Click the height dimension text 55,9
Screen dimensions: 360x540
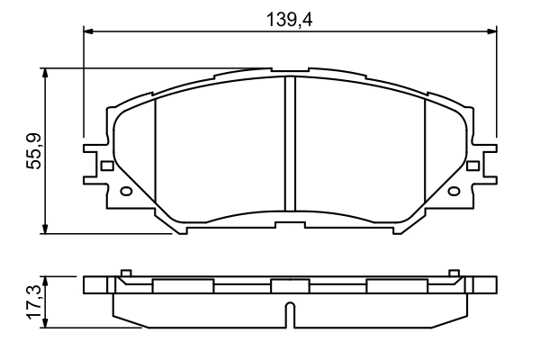tap(31, 150)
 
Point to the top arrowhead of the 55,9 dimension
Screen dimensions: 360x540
tap(44, 73)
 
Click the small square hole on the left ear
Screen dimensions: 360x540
tap(106, 166)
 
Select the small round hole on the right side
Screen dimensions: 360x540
tap(454, 190)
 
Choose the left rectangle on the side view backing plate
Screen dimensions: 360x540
tap(183, 286)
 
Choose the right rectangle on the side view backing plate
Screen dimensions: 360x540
tap(397, 286)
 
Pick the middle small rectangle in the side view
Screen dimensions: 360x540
tap(290, 286)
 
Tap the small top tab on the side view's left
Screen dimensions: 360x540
tap(126, 273)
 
